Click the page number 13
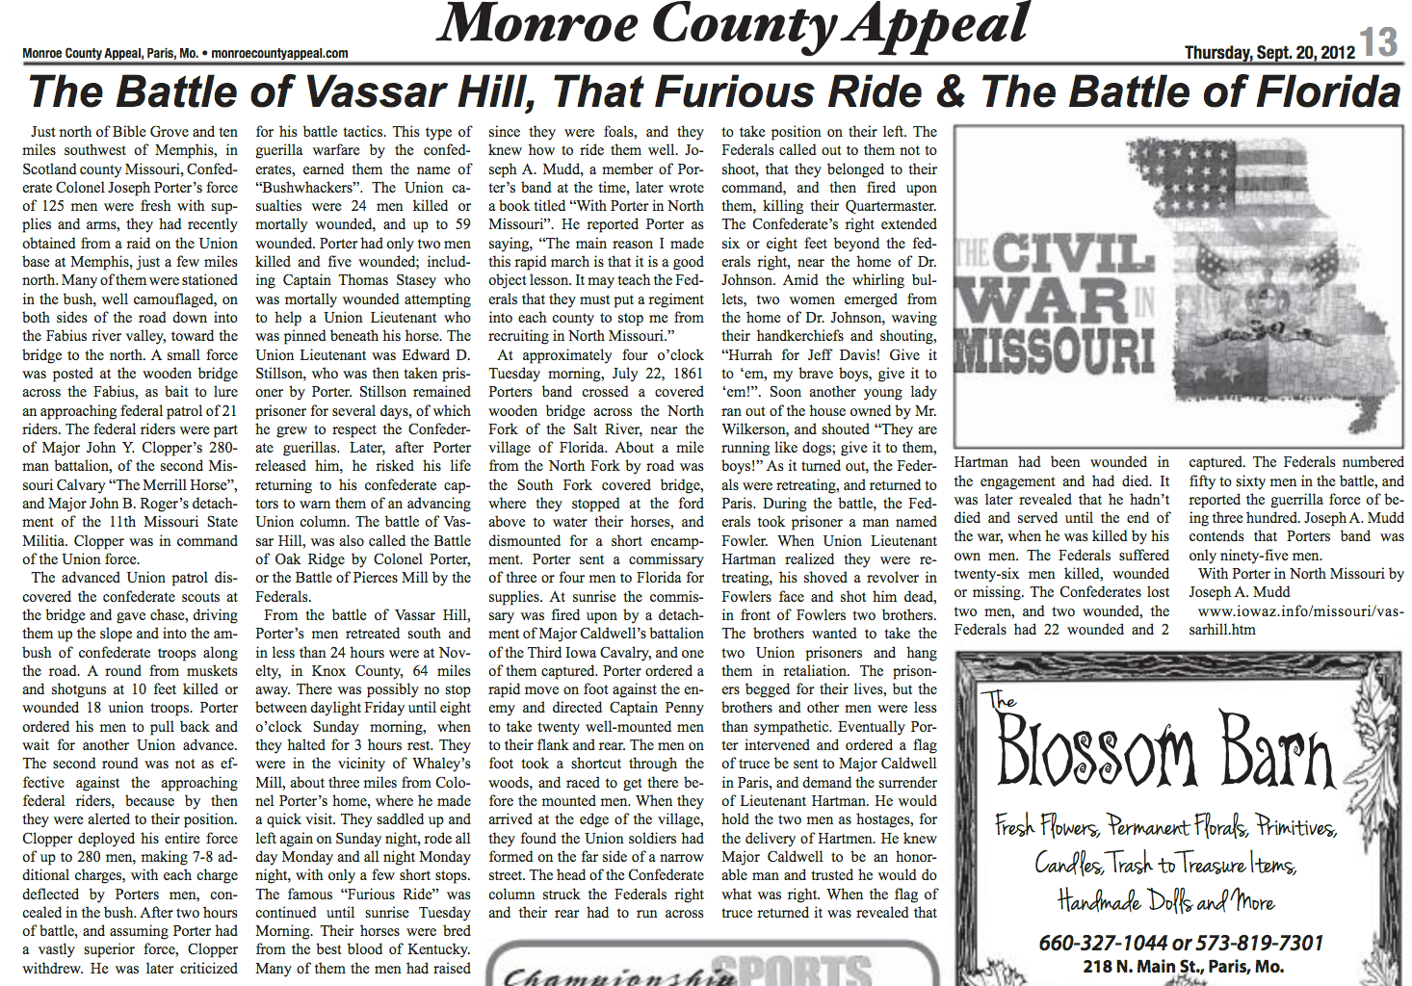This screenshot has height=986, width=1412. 1379,41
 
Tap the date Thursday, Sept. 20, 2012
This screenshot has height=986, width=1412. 1269,52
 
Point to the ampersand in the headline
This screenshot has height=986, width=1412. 950,92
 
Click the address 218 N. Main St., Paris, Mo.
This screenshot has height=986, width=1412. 1183,967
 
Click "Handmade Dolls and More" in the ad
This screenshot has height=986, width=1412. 1166,902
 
